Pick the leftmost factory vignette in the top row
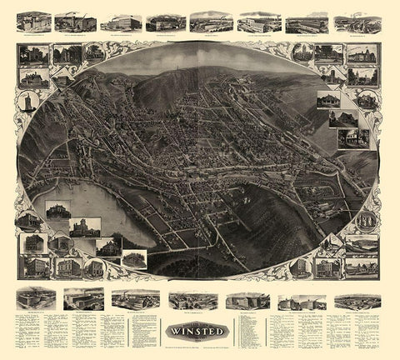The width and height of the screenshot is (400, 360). pos(34,21)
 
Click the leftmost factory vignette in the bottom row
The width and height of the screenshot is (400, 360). pos(35,297)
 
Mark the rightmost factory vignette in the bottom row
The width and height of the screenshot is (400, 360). pos(357,300)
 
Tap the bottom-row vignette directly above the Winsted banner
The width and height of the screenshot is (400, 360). pos(192,299)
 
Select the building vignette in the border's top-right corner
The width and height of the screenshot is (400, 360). pos(363,55)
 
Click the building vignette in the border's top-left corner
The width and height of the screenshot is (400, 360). pos(32,56)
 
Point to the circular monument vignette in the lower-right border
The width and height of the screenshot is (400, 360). pos(365,221)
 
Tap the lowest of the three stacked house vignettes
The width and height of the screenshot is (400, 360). pos(354,137)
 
